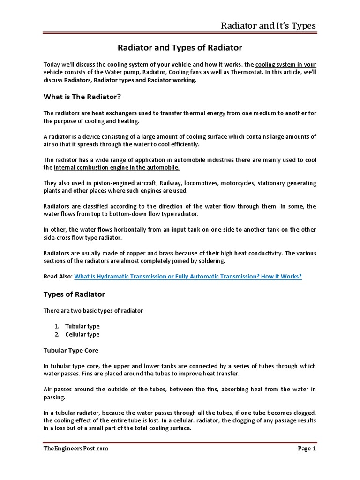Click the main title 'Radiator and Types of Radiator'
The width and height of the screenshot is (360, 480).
pyautogui.click(x=180, y=48)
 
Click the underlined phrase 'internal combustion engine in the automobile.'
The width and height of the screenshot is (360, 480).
pyautogui.click(x=117, y=167)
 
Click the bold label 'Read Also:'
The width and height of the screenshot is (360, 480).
pyautogui.click(x=58, y=277)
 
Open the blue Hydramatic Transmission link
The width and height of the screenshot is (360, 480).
pyautogui.click(x=188, y=277)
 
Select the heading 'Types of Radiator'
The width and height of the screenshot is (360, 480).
pyautogui.click(x=74, y=294)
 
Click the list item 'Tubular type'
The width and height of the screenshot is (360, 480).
pyautogui.click(x=82, y=326)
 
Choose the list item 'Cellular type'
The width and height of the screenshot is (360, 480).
pyautogui.click(x=82, y=334)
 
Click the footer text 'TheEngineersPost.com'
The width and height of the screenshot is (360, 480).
pyautogui.click(x=75, y=449)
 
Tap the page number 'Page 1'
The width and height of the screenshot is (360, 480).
pyautogui.click(x=307, y=449)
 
